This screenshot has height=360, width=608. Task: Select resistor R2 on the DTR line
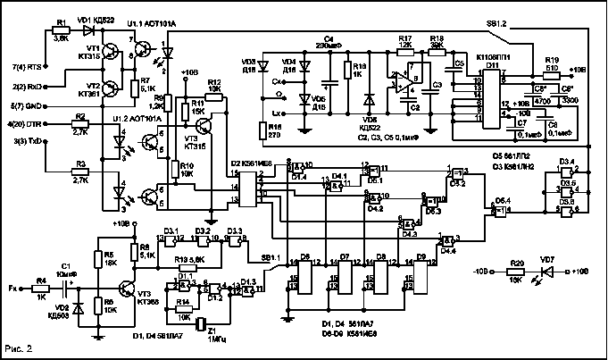point(79,126)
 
